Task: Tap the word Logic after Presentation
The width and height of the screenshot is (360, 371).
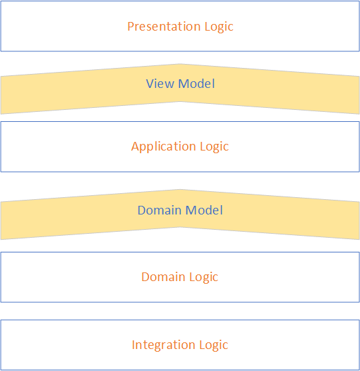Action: (x=218, y=27)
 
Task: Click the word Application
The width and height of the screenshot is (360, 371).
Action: (x=163, y=147)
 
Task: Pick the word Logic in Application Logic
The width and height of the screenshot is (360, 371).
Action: (x=213, y=147)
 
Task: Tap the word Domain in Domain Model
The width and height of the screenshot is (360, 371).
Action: (x=160, y=210)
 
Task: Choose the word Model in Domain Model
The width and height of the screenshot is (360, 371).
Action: (x=204, y=210)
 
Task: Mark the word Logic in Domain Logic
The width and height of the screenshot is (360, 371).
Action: (x=203, y=277)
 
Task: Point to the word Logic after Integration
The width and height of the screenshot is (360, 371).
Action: (x=213, y=345)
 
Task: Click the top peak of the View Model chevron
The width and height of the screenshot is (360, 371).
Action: (x=180, y=65)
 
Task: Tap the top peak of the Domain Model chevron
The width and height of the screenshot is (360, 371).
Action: (x=180, y=190)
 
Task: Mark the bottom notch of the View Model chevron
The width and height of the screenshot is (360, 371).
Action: (x=180, y=101)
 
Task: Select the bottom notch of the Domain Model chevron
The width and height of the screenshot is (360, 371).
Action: (x=180, y=227)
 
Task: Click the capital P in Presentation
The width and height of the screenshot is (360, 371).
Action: (x=130, y=27)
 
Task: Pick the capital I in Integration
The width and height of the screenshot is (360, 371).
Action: (x=133, y=345)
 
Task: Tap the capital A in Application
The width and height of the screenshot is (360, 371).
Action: (x=135, y=147)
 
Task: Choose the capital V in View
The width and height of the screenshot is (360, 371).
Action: (x=150, y=84)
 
